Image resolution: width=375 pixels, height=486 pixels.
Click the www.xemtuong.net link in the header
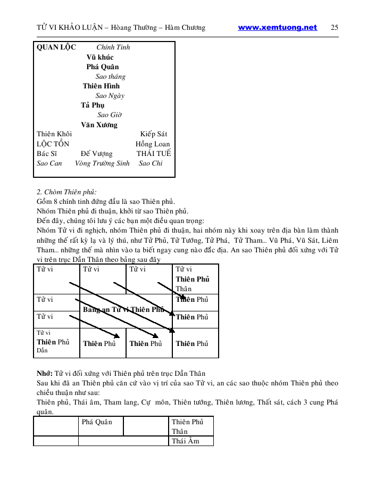click(x=277, y=28)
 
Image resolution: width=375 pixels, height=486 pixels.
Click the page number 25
click(x=335, y=28)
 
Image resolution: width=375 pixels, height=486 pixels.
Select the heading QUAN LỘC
click(x=56, y=47)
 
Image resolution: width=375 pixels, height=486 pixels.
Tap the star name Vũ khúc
click(x=100, y=57)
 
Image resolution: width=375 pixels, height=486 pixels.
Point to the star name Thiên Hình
click(x=101, y=86)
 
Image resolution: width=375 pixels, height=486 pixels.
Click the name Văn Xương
click(x=99, y=125)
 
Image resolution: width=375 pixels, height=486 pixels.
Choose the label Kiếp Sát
click(x=154, y=134)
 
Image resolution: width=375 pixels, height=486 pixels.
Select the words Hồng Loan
click(x=153, y=144)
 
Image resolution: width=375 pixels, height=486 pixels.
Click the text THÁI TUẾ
click(x=154, y=153)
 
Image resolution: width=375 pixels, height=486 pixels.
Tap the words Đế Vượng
click(x=97, y=153)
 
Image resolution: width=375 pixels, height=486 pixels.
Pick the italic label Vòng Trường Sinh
click(x=102, y=163)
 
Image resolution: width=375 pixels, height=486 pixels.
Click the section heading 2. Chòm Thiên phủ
click(x=66, y=192)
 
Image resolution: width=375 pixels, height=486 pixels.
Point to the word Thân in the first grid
click(x=184, y=289)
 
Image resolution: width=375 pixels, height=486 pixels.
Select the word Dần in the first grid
click(x=42, y=351)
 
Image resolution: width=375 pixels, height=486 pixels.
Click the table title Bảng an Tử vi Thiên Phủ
click(x=123, y=309)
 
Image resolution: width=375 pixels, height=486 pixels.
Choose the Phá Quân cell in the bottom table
click(x=96, y=422)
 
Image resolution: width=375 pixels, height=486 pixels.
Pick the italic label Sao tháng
click(x=111, y=76)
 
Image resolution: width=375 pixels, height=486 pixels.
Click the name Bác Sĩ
click(x=47, y=153)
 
